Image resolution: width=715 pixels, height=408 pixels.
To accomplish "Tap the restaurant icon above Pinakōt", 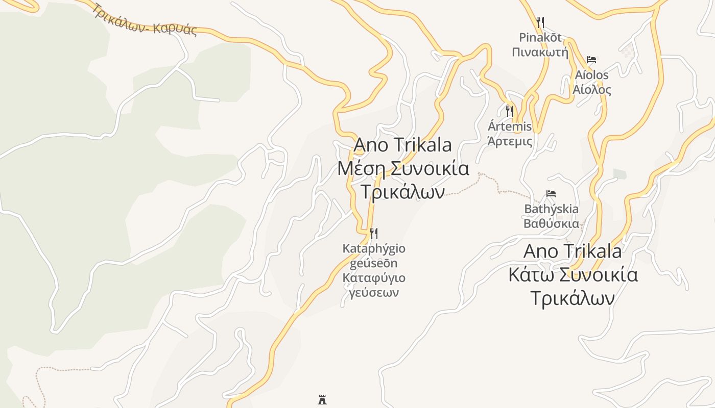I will tap(540, 22).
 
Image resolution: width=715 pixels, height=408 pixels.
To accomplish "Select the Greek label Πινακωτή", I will tap(540, 52).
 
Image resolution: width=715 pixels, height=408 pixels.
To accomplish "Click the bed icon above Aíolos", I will tap(591, 60).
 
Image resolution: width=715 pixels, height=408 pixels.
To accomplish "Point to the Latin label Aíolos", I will tap(591, 75).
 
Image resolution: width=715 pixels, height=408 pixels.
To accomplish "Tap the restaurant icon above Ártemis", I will tap(509, 111).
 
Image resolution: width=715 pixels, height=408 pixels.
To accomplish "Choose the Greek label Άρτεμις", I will tap(510, 141).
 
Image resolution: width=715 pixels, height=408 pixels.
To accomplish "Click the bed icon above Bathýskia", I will tap(551, 194).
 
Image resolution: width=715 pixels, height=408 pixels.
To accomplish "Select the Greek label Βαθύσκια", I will tap(552, 223).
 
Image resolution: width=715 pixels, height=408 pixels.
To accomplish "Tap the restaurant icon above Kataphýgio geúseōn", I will tap(374, 234).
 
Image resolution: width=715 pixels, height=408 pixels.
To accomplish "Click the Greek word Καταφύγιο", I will tap(374, 278).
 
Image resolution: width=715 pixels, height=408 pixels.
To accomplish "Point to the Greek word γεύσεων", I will tap(374, 293).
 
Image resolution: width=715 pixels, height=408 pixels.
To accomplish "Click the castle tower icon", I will tap(322, 399).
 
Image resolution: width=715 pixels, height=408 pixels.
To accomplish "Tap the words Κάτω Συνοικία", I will tap(573, 275).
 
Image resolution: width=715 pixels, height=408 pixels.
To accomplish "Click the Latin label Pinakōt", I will tap(540, 37).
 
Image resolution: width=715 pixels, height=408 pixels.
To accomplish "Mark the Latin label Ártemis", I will tap(510, 126).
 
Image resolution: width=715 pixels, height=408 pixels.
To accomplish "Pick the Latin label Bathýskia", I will tap(552, 209).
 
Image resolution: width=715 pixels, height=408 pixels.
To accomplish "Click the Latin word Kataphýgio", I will tap(374, 249).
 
